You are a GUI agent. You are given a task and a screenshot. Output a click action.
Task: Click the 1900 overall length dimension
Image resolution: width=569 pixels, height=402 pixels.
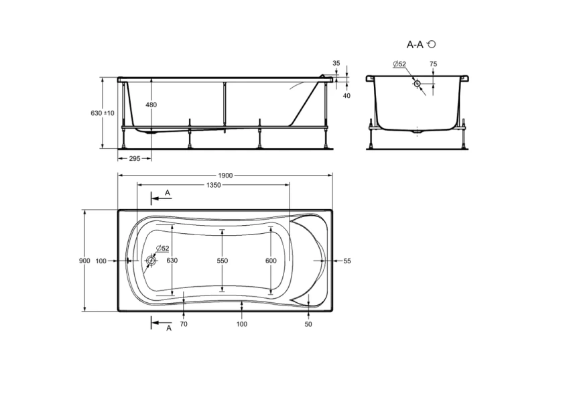tap(225, 176)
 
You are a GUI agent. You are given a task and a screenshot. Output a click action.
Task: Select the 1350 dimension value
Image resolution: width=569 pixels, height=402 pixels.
tap(213, 185)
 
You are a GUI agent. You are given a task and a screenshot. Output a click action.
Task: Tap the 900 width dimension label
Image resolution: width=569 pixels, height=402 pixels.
tap(84, 261)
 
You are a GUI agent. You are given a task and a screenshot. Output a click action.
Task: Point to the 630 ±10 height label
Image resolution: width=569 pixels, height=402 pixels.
tap(103, 113)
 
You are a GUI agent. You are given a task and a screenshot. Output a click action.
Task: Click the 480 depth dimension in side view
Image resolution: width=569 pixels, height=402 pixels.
tap(151, 105)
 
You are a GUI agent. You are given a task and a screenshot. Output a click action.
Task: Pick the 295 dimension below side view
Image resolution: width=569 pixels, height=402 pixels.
tap(134, 159)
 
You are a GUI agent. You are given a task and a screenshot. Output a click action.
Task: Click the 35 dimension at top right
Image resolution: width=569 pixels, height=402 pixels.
tap(336, 63)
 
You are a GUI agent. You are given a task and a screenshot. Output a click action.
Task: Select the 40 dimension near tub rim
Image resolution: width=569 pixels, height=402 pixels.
tap(346, 96)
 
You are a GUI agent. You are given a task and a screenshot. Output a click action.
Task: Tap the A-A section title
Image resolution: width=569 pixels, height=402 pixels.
tap(415, 45)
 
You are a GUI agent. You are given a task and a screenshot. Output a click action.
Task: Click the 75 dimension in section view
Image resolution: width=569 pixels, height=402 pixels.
tap(433, 64)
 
